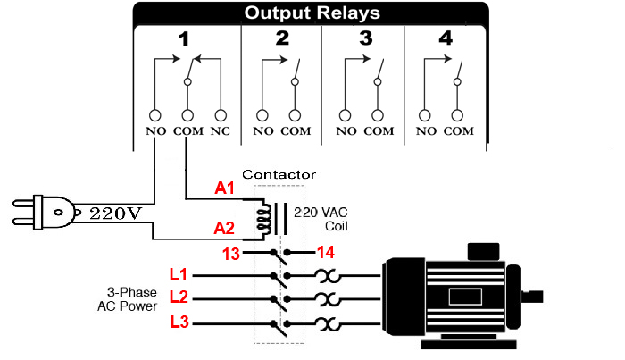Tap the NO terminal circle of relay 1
pos(155,115)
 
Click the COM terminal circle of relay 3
pos(379,115)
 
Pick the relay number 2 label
pos(282,39)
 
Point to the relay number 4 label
pos(445,39)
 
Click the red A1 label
pos(226,189)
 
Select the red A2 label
pos(226,229)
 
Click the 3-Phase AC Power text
pos(129,299)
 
